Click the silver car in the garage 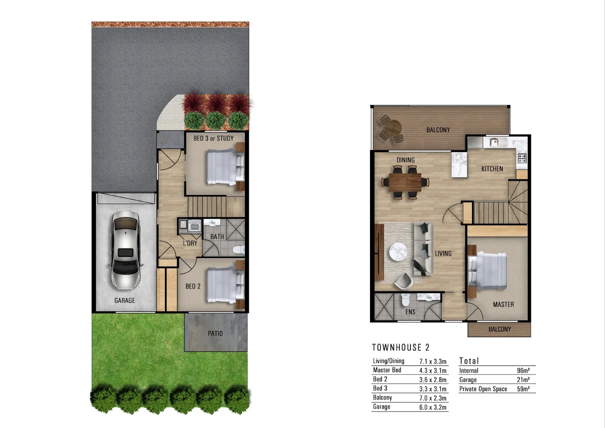pyautogui.click(x=125, y=250)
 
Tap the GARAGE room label pyautogui.click(x=125, y=300)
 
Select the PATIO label pyautogui.click(x=215, y=334)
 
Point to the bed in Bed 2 pyautogui.click(x=224, y=285)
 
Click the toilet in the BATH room pyautogui.click(x=239, y=250)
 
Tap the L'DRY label pyautogui.click(x=190, y=243)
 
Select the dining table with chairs pyautogui.click(x=405, y=182)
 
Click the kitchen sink pyautogui.click(x=493, y=142)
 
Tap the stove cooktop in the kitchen pyautogui.click(x=522, y=158)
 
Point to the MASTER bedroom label pyautogui.click(x=503, y=304)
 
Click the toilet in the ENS pyautogui.click(x=405, y=300)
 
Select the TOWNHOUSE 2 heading pyautogui.click(x=400, y=348)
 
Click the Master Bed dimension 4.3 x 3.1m pyautogui.click(x=433, y=371)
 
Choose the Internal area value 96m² pyautogui.click(x=523, y=371)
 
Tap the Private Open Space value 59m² pyautogui.click(x=523, y=389)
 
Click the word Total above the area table pyautogui.click(x=469, y=361)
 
